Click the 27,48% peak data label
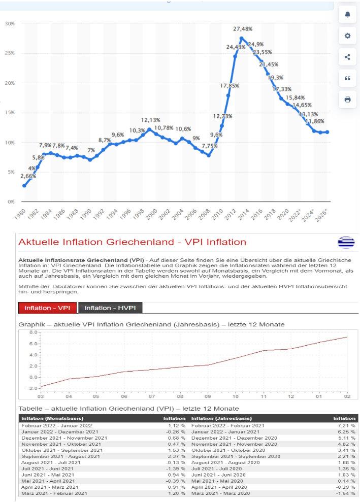[243, 29]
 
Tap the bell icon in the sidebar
[347, 14]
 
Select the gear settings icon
[347, 36]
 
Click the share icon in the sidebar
[347, 57]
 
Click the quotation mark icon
[347, 78]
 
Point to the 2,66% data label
[28, 176]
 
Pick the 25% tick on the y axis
[10, 53]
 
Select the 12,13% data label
[150, 120]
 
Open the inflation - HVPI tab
[110, 308]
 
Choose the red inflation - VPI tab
[47, 308]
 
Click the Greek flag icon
[346, 242]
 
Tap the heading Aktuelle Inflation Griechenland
[132, 242]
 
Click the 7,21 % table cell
[347, 425]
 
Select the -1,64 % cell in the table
[346, 493]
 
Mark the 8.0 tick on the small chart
[34, 332]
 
